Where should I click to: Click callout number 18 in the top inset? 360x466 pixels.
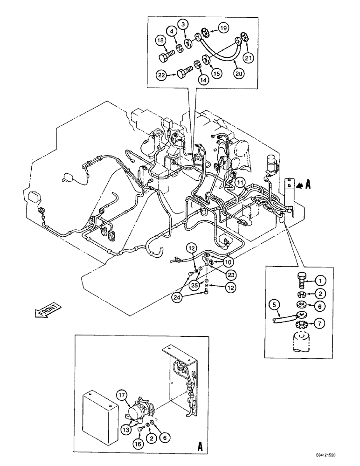[x=161, y=42]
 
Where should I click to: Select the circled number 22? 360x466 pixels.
[x=161, y=75]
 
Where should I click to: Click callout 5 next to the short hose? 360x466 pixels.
[x=275, y=305]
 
